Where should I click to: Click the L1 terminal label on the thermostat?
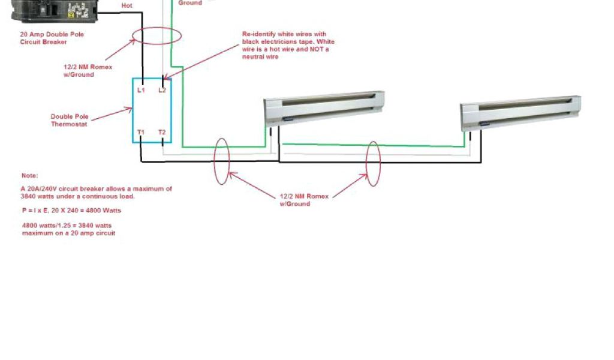pyautogui.click(x=141, y=90)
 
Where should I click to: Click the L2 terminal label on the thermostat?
pyautogui.click(x=162, y=90)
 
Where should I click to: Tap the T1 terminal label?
pyautogui.click(x=141, y=131)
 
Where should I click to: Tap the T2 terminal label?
pyautogui.click(x=162, y=131)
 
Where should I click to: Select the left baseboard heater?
pyautogui.click(x=324, y=108)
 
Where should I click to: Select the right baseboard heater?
pyautogui.click(x=520, y=113)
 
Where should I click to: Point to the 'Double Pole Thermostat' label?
pyautogui.click(x=69, y=120)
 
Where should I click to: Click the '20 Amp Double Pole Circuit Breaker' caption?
pyautogui.click(x=52, y=38)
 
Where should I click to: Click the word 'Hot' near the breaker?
pyautogui.click(x=127, y=5)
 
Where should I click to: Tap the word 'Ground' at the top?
pyautogui.click(x=189, y=3)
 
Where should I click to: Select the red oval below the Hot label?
pyautogui.click(x=156, y=35)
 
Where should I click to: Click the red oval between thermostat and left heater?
pyautogui.click(x=221, y=161)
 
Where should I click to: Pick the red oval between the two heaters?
pyautogui.click(x=374, y=164)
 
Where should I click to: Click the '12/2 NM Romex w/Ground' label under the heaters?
pyautogui.click(x=295, y=200)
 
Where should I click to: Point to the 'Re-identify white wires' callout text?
pyautogui.click(x=288, y=45)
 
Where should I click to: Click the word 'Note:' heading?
pyautogui.click(x=30, y=176)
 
